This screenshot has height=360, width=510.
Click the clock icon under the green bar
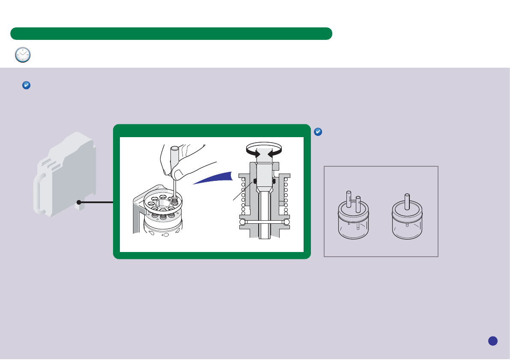click(23, 55)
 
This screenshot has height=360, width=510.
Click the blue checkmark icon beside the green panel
click(318, 132)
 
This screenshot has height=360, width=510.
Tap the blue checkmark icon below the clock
click(26, 86)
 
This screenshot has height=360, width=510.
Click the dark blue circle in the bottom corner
click(492, 340)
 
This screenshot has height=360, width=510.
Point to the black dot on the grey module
click(79, 202)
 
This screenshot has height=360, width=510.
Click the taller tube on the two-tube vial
click(349, 199)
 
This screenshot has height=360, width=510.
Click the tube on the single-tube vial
click(406, 201)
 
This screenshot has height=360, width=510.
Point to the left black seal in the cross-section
click(255, 182)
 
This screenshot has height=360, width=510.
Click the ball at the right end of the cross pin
click(286, 222)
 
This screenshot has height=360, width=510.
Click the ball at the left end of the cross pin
click(243, 222)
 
